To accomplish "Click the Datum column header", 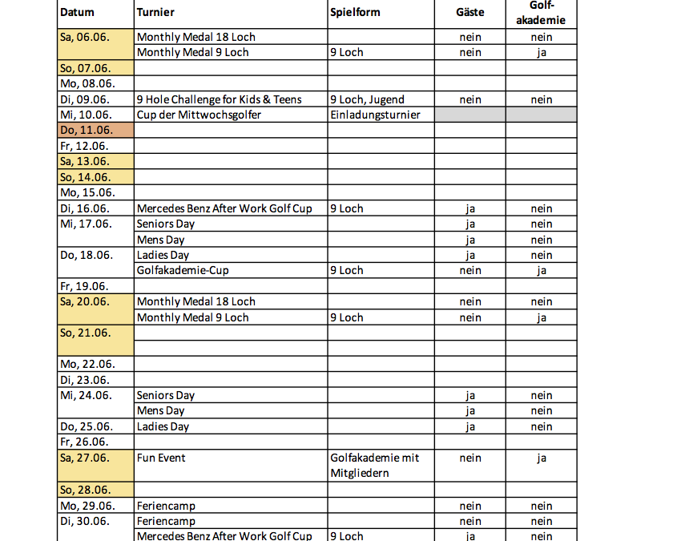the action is point(77,13).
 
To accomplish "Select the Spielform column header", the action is point(355,13).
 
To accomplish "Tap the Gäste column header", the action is point(470,13).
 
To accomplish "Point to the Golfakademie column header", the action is point(542,13).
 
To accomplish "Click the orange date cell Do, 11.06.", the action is point(87,131).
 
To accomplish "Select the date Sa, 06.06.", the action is point(84,37).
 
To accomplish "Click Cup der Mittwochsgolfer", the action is point(199,115).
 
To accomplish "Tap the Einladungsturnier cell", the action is point(376,115).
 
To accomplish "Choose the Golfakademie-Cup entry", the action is point(183,270).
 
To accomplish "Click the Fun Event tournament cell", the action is point(161,458).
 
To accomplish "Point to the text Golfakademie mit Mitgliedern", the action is point(374,466).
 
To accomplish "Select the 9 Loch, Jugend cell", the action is point(367,99).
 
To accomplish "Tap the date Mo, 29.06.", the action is point(87,506).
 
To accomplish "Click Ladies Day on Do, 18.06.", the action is point(163,255).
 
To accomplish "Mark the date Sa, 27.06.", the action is point(84,458).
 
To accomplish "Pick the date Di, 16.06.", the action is point(85,208).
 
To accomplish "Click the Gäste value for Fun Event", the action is point(470,458).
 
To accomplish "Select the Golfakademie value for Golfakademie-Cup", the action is point(542,270).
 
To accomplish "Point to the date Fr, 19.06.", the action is point(83,286).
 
